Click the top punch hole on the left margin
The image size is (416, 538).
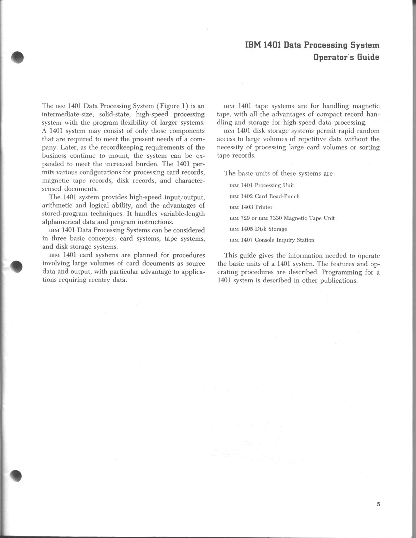(17, 57)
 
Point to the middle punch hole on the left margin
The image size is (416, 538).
(16, 267)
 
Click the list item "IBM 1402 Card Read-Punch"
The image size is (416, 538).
(265, 196)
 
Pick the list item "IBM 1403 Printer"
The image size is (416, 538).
(251, 207)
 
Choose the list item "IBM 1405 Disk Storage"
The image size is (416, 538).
(258, 229)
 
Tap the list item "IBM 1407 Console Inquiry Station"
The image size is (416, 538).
(272, 240)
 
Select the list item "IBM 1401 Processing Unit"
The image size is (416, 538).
(262, 185)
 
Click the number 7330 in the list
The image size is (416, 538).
(276, 218)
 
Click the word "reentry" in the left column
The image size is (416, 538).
(99, 280)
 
